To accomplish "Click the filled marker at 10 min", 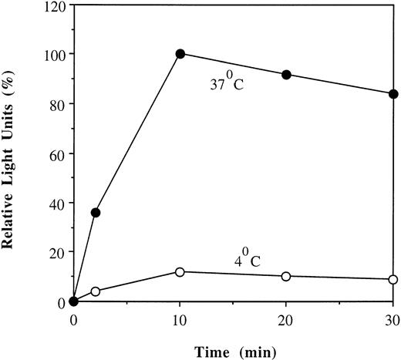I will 180,53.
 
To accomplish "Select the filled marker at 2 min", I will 96,212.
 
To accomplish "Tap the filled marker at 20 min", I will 287,75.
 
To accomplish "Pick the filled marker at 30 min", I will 393,94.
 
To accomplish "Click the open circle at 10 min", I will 180,272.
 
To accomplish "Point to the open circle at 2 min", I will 96,291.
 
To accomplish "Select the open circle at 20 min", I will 287,276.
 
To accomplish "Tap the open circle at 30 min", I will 393,279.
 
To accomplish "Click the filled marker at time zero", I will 74,301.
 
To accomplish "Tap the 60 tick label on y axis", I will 56,153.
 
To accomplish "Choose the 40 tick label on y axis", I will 56,203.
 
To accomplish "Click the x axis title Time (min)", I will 234,348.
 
